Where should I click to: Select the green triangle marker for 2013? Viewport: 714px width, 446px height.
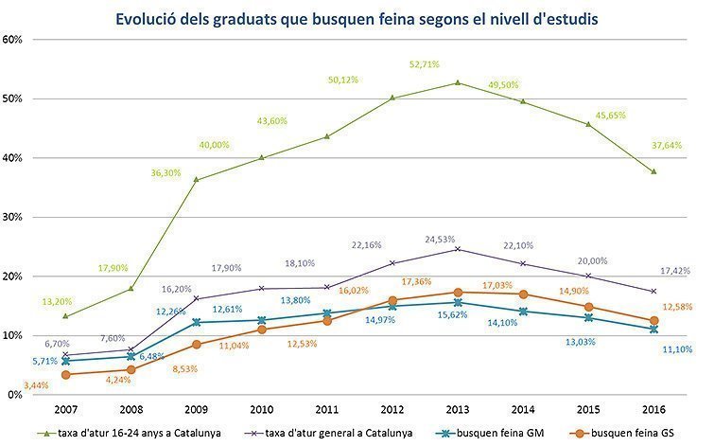[x=457, y=82]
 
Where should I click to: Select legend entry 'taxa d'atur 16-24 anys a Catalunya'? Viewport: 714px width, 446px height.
[x=129, y=433]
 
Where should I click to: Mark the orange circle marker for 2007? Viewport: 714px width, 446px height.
[x=64, y=375]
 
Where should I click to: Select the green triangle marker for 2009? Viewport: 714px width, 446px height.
[x=196, y=180]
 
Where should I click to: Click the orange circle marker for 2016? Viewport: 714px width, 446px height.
[x=653, y=321]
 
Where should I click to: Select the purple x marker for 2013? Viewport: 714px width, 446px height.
[x=457, y=249]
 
